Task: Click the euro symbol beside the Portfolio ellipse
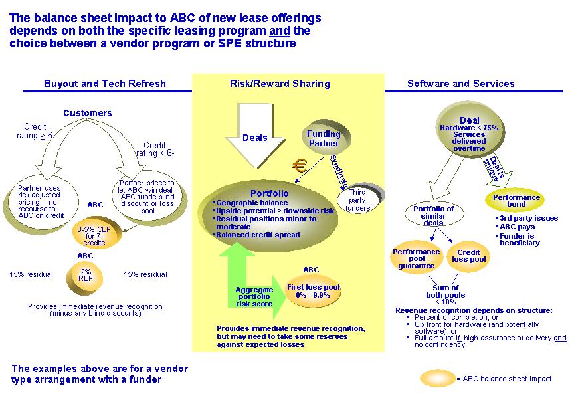point(300,167)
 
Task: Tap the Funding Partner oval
point(325,139)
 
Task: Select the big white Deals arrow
point(255,135)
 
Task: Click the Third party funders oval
point(359,199)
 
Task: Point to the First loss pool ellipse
point(314,292)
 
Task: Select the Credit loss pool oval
point(468,256)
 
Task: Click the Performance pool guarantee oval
point(417,258)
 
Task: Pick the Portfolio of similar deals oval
point(434,215)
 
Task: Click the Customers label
point(88,113)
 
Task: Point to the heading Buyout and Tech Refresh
point(105,84)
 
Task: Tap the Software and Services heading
point(460,84)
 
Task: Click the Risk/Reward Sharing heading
point(280,84)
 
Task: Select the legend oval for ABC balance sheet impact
point(438,379)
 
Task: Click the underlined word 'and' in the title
point(280,31)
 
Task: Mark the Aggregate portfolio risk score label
point(254,296)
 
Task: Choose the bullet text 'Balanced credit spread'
point(258,235)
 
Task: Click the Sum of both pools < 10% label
point(445,295)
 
